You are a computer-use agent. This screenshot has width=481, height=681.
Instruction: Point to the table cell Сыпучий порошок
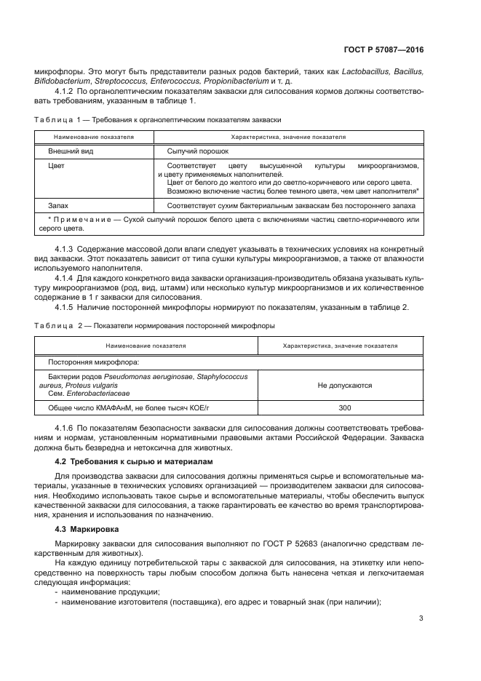coord(198,151)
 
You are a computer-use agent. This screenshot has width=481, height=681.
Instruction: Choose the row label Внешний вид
coord(71,151)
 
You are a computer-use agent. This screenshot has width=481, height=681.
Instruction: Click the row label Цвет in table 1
coord(56,166)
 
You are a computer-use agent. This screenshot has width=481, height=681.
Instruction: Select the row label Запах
coord(58,206)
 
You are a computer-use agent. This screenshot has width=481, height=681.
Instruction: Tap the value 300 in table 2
coord(345,408)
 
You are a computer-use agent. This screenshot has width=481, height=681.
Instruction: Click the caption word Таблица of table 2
coord(49,325)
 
